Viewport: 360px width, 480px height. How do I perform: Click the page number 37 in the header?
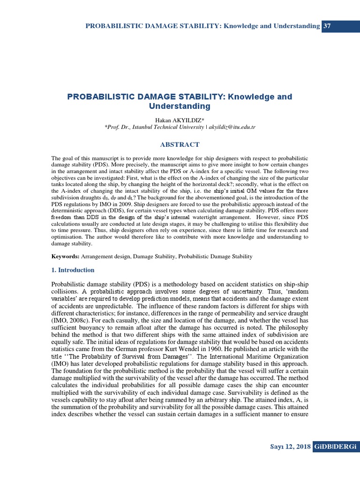327,26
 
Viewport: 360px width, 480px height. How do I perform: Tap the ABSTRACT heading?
180,144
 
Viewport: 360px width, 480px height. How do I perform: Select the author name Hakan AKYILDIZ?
180,120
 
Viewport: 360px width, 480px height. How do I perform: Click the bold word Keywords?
65,256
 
